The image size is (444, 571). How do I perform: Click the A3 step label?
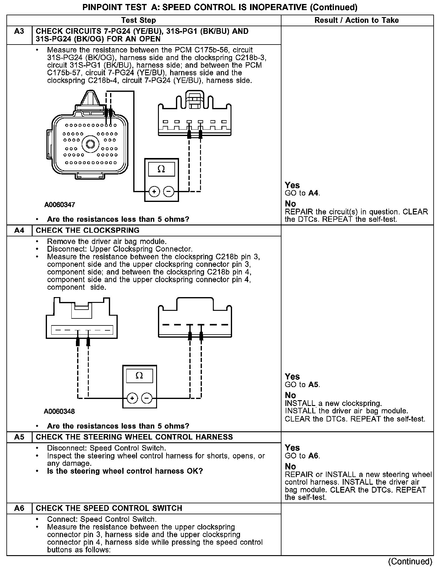pos(19,31)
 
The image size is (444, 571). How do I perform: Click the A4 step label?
pos(19,230)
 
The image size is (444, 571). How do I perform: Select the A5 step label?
pos(19,437)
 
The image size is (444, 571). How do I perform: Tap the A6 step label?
pos(19,508)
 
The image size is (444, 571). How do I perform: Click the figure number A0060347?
pos(60,205)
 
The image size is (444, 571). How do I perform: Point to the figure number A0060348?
pos(59,411)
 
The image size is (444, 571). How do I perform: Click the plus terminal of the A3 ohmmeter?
pos(154,192)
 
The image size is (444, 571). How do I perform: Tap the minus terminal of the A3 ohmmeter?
pos(169,192)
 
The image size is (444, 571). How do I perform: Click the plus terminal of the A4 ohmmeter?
pos(132,398)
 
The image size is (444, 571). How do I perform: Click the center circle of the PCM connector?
pos(90,144)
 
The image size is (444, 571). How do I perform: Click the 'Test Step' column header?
pos(138,20)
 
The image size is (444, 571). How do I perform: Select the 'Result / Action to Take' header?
pos(356,20)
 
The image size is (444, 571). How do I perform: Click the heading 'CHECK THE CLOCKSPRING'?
pos(88,230)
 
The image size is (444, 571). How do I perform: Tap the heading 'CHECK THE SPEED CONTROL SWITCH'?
pos(109,508)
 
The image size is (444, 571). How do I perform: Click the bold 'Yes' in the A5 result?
pos(292,448)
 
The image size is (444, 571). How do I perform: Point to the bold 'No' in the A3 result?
pos(290,203)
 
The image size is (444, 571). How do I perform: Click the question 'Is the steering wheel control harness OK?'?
pos(125,471)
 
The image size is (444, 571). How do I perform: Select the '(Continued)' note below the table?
pos(410,561)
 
